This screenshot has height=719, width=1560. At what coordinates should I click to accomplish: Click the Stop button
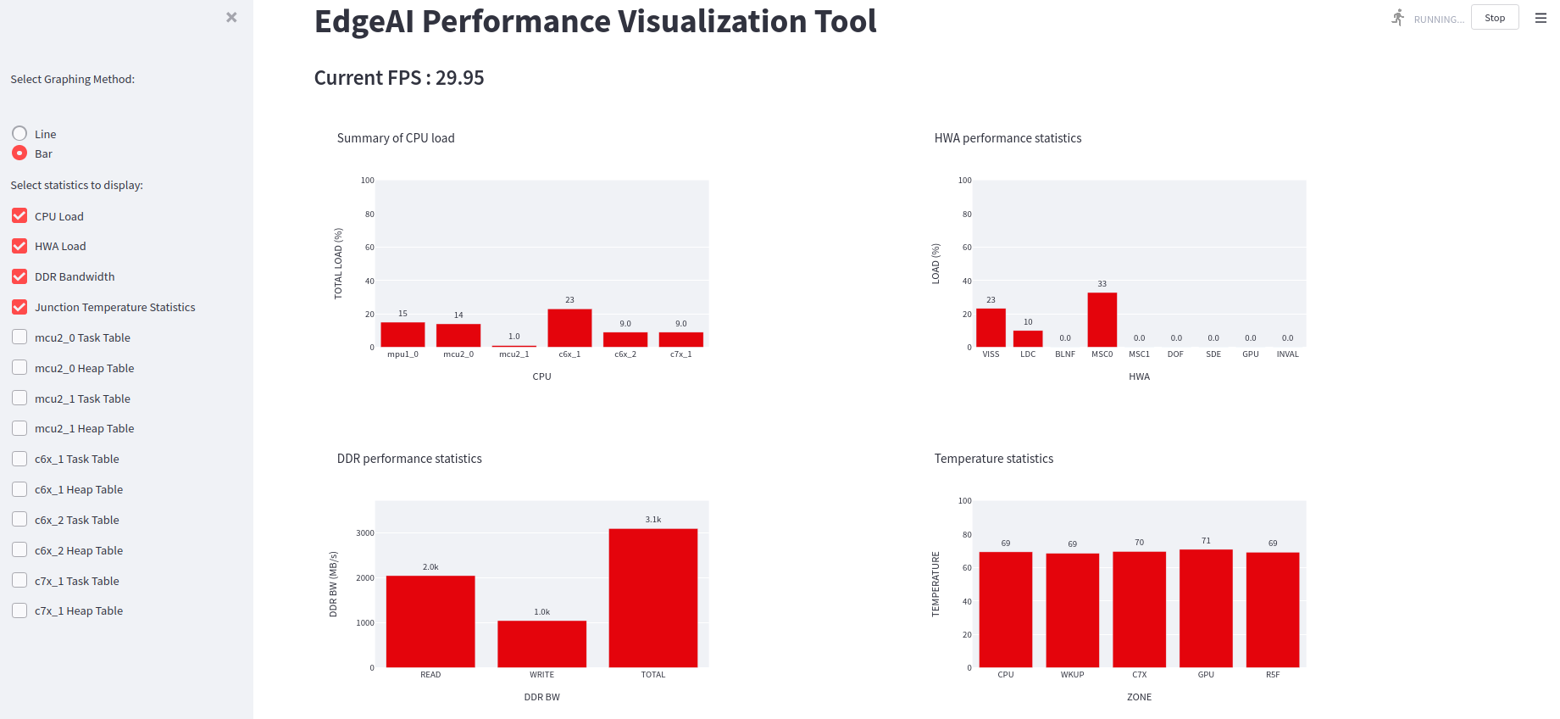click(1495, 18)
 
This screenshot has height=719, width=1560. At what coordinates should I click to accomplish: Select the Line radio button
click(19, 134)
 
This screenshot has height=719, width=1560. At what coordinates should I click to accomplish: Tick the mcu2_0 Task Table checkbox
click(19, 337)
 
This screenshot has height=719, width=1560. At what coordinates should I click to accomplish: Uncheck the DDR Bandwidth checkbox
click(19, 276)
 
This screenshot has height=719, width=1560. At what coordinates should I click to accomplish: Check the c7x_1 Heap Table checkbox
click(19, 610)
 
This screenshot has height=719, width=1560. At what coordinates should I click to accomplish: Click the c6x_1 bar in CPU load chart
click(569, 328)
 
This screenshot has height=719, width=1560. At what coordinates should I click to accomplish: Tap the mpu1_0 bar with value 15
click(402, 335)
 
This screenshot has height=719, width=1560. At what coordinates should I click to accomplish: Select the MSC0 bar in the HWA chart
click(1102, 320)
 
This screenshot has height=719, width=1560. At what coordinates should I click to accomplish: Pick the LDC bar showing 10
click(1028, 338)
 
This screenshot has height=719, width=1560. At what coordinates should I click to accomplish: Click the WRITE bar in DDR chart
click(541, 644)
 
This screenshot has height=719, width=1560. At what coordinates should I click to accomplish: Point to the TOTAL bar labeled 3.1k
click(652, 598)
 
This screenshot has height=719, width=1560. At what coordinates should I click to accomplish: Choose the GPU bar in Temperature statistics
click(1206, 609)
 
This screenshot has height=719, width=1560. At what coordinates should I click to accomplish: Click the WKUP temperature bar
click(1072, 610)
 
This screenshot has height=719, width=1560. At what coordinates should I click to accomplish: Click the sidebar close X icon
click(231, 17)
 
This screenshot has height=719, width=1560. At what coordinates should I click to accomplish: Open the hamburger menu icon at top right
click(1541, 18)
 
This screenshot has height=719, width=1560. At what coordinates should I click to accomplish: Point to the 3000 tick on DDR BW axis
click(365, 533)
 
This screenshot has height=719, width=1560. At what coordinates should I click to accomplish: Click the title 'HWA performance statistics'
click(1008, 138)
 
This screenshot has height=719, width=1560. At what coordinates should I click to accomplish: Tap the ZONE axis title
click(1139, 697)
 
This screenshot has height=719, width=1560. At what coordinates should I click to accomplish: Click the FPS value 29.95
click(459, 78)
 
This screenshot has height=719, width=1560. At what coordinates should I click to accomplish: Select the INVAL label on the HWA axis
click(1287, 354)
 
